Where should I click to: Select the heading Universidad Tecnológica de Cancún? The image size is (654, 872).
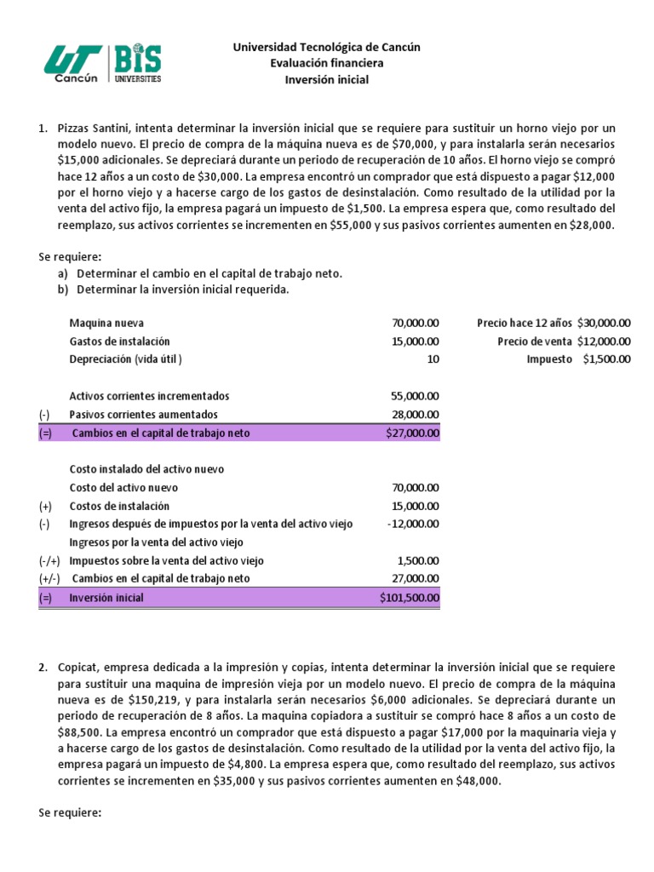327,47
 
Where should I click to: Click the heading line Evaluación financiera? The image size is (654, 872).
327,63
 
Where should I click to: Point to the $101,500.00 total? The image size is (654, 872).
410,598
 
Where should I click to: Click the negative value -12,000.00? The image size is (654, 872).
413,524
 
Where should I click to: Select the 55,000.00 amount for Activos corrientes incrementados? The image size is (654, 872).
416,396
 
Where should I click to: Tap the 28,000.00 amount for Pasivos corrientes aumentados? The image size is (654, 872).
416,414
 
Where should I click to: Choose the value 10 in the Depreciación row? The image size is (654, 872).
433,359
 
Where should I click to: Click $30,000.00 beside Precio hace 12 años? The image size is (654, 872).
604,323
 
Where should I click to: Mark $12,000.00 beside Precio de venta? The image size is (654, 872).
604,341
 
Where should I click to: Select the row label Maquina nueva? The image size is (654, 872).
106,323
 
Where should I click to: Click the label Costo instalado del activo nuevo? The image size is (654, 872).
146,469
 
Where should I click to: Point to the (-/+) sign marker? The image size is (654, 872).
49,560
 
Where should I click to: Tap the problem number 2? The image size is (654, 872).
43,667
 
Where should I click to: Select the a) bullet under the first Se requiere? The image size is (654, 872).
62,273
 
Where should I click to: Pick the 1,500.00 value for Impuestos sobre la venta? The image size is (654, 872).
418,560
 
